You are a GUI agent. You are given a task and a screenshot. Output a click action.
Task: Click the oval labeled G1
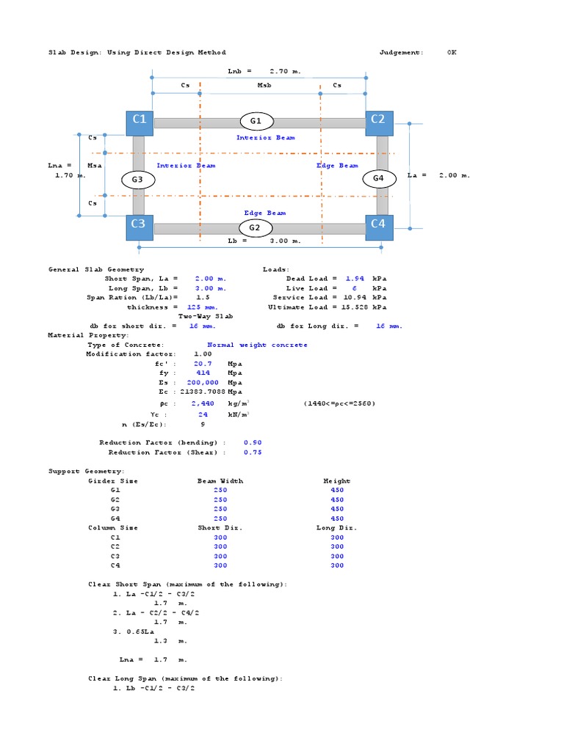pyautogui.click(x=256, y=121)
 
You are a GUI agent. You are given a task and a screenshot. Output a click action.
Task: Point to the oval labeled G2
pyautogui.click(x=255, y=228)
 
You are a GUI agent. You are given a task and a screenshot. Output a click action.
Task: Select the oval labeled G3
pyautogui.click(x=137, y=180)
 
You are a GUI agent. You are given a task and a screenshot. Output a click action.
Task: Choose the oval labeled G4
pyautogui.click(x=378, y=178)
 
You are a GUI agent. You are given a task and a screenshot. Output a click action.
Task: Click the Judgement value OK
pyautogui.click(x=451, y=53)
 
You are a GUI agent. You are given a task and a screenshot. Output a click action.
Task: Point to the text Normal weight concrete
pyautogui.click(x=257, y=345)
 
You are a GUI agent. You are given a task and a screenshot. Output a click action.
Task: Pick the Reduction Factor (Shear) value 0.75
pyautogui.click(x=253, y=453)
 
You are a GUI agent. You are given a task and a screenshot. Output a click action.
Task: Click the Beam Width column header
pyautogui.click(x=220, y=481)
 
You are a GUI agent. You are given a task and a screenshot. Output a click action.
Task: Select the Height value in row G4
pyautogui.click(x=337, y=519)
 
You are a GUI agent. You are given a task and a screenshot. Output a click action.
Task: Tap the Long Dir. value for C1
pyautogui.click(x=337, y=538)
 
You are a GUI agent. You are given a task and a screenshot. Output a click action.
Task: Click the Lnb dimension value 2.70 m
pyautogui.click(x=285, y=72)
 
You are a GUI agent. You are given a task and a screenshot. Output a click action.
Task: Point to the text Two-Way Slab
pyautogui.click(x=206, y=317)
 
